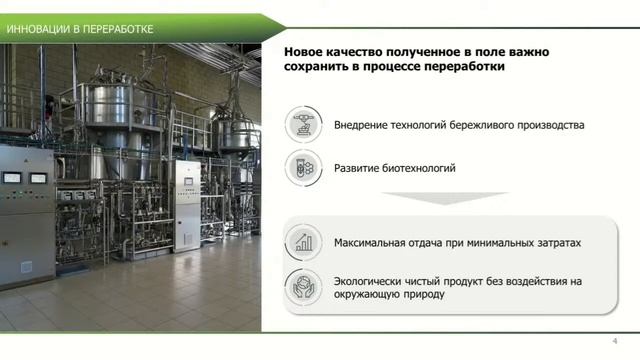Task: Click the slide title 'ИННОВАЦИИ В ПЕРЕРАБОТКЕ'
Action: coord(80,28)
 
